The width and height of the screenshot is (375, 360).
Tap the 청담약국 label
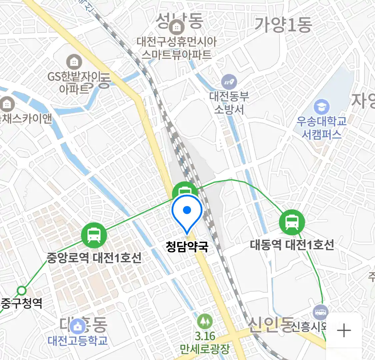pyautogui.click(x=187, y=247)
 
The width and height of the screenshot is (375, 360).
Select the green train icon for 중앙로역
pyautogui.click(x=94, y=235)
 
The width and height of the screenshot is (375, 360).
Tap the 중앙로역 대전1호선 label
pyautogui.click(x=94, y=258)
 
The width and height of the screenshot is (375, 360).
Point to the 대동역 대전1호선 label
pyautogui.click(x=292, y=245)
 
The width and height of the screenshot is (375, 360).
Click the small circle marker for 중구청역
pyautogui.click(x=22, y=291)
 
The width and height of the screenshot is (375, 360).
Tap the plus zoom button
pyautogui.click(x=344, y=331)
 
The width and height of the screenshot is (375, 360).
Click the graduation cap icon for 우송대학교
pyautogui.click(x=322, y=107)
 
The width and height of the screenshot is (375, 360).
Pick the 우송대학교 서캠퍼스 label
pyautogui.click(x=322, y=128)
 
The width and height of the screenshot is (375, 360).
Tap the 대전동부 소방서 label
pyautogui.click(x=229, y=103)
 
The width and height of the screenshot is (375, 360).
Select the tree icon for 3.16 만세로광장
pyautogui.click(x=205, y=321)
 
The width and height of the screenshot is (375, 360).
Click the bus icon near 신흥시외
pyautogui.click(x=321, y=312)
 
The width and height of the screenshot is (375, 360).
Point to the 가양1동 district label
pyautogui.click(x=283, y=25)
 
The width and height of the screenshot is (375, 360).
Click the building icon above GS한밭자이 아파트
pyautogui.click(x=74, y=62)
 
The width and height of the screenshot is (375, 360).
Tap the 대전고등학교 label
pyautogui.click(x=78, y=340)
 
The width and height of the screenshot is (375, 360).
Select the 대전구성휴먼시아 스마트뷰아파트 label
pyautogui.click(x=177, y=48)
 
